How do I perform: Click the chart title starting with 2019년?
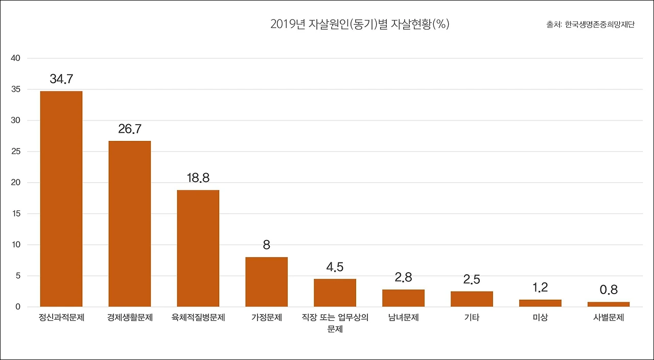[360, 25]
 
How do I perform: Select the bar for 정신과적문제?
[61, 199]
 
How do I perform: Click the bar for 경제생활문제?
[130, 224]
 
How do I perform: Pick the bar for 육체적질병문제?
[198, 248]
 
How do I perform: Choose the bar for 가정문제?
[267, 282]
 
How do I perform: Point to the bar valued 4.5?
[335, 293]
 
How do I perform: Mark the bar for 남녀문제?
[404, 298]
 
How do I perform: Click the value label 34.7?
[61, 79]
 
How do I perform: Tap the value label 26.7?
[130, 129]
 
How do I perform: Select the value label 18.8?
[198, 178]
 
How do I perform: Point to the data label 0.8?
[609, 290]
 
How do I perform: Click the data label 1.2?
[540, 287]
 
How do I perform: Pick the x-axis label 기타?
[472, 318]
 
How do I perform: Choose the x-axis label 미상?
[540, 318]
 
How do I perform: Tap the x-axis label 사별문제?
[609, 318]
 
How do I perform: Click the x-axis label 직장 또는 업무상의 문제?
[335, 323]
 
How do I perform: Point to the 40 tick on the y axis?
[15, 58]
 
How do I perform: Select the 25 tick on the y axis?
[15, 152]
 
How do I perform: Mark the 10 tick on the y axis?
[15, 245]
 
